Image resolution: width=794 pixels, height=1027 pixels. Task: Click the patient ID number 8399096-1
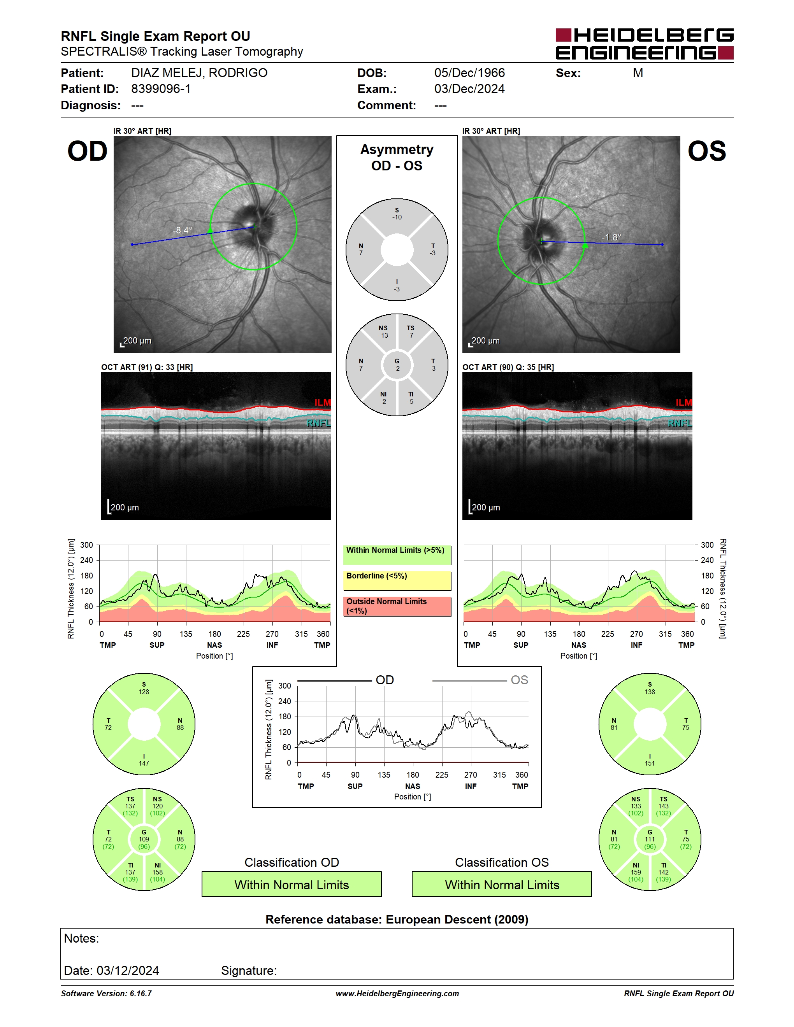(161, 89)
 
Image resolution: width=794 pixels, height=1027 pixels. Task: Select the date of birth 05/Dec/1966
(469, 73)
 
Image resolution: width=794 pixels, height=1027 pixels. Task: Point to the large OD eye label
(88, 151)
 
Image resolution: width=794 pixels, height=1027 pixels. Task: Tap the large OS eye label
(706, 151)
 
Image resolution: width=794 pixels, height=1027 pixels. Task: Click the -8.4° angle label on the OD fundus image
(183, 230)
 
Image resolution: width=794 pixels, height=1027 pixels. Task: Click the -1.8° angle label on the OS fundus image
(611, 237)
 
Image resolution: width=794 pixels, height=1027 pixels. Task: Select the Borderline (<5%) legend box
(397, 581)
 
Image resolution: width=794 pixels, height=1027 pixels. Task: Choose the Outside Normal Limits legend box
(397, 606)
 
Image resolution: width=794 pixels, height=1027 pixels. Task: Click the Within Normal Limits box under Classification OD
(292, 884)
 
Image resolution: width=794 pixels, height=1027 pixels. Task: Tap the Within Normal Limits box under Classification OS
(502, 884)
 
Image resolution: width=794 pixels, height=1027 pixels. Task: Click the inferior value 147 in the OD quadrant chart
(144, 763)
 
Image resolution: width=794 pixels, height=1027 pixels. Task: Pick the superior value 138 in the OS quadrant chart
(650, 692)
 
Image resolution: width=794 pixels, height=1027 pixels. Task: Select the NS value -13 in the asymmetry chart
(383, 335)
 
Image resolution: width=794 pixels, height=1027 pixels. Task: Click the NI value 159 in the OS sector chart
(636, 872)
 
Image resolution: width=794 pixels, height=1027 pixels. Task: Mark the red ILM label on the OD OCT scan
(323, 403)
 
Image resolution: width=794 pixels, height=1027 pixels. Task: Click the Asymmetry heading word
(397, 149)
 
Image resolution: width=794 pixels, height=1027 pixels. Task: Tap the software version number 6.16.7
(141, 994)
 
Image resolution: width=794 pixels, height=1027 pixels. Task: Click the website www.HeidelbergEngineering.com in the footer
(397, 994)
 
